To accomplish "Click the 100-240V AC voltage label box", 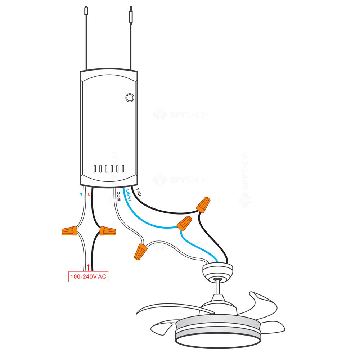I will [x=88, y=277].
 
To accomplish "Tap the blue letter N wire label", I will [x=80, y=194].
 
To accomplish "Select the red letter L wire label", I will [x=89, y=194].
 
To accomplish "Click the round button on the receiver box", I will [x=129, y=97].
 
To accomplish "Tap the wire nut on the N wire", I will [x=70, y=231].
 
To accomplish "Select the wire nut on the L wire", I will [x=107, y=231].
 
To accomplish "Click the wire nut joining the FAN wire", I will [x=203, y=204].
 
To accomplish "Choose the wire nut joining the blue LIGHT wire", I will [x=184, y=223].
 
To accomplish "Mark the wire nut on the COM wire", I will [x=140, y=251].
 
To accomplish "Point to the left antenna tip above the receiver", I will [x=86, y=10].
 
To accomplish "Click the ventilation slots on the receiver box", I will [x=108, y=168].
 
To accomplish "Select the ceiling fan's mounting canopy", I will [x=217, y=271].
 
